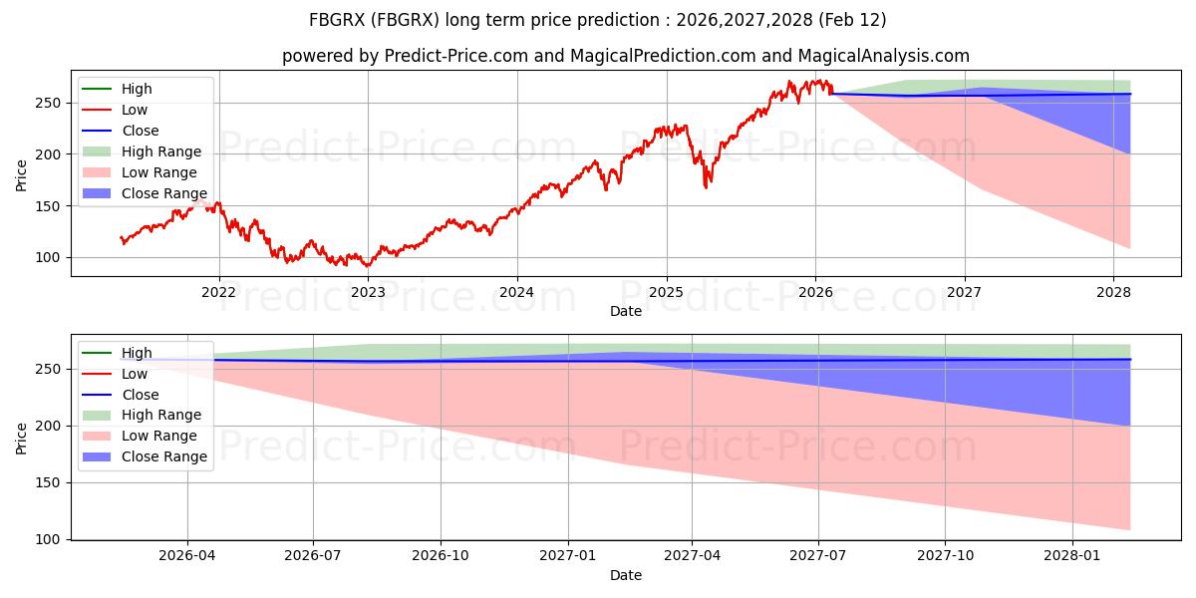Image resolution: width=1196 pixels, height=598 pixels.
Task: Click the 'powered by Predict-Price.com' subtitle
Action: click(x=625, y=56)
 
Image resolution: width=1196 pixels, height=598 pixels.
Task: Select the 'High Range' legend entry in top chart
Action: click(x=160, y=151)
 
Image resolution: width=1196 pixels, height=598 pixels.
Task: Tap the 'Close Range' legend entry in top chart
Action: click(x=163, y=193)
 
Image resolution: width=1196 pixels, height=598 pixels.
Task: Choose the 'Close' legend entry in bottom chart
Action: click(x=140, y=395)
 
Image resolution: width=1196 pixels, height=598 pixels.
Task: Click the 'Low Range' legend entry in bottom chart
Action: click(x=159, y=436)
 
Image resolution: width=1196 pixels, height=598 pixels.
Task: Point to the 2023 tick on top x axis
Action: click(x=368, y=291)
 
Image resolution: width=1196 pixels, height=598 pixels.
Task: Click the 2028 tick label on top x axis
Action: click(x=1113, y=291)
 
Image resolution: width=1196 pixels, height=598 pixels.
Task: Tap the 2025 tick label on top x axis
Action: click(x=666, y=291)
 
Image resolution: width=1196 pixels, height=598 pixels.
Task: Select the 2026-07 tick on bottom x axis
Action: click(x=313, y=554)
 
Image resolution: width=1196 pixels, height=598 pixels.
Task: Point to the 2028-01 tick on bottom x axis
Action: click(x=1072, y=554)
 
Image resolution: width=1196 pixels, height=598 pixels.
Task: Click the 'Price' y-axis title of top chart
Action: click(x=22, y=175)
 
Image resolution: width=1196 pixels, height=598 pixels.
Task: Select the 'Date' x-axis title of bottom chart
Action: click(x=625, y=575)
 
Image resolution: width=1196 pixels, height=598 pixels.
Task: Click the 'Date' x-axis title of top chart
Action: click(x=625, y=311)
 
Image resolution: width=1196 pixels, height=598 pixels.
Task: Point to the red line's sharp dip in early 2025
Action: click(x=707, y=185)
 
